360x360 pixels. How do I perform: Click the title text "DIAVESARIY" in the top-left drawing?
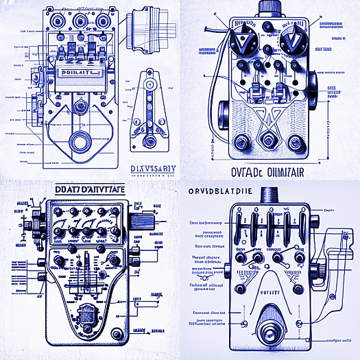[x=152, y=168]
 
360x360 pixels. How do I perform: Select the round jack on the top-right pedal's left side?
[x=223, y=112]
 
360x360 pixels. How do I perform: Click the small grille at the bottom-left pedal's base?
[x=87, y=318]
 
